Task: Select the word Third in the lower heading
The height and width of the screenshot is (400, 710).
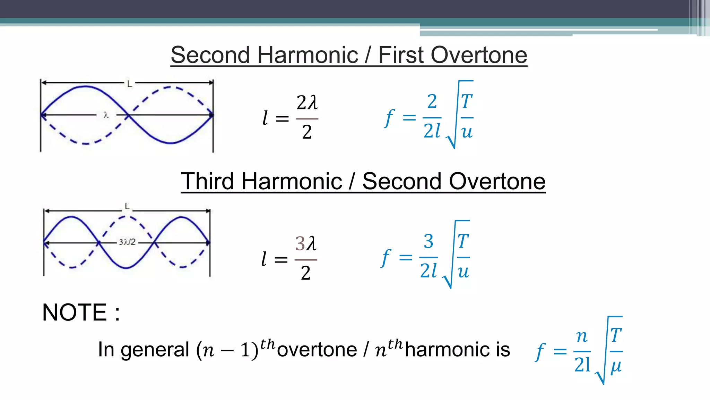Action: point(207,181)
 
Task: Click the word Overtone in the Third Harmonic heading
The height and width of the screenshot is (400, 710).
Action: point(497,181)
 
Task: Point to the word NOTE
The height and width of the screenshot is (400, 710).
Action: point(74,312)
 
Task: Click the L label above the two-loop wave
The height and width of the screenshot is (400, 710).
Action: point(129,84)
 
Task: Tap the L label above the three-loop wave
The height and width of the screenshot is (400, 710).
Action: point(127,207)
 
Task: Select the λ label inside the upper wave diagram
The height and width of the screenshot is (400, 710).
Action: point(106,115)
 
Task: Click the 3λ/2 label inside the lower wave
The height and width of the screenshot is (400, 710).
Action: point(127,242)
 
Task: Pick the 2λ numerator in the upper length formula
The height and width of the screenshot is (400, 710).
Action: point(307,103)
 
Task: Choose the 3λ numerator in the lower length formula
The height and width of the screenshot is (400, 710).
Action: point(306,243)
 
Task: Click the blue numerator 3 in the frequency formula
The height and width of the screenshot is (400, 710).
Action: point(428,241)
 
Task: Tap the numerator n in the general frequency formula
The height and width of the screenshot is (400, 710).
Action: point(582,336)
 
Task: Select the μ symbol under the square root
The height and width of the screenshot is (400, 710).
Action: point(616,366)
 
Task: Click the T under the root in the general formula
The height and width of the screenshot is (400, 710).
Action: point(616,335)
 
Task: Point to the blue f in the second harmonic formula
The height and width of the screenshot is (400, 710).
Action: point(389,118)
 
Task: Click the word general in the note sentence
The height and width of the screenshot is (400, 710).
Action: point(155,350)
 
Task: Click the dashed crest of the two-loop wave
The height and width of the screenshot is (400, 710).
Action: point(171,87)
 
